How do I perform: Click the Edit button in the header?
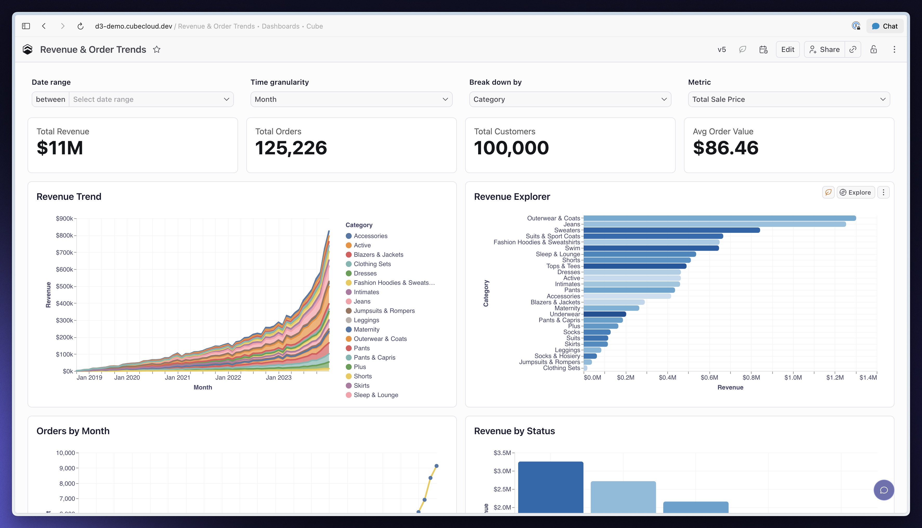(787, 49)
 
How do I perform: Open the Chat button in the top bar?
(885, 26)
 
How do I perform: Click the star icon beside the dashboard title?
(157, 49)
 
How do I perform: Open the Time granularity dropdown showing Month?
(351, 99)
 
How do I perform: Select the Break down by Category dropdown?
(570, 99)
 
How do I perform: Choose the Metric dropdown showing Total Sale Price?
(789, 99)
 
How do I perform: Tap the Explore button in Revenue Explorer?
(856, 193)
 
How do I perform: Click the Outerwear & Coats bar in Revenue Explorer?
(720, 218)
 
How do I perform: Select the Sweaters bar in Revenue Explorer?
(672, 230)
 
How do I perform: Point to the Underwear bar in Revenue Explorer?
(605, 314)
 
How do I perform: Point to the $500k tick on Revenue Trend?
(64, 287)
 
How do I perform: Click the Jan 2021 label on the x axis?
(177, 378)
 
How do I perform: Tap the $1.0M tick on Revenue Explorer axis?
(793, 378)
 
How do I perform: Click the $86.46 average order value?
(726, 148)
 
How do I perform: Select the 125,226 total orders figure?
(291, 148)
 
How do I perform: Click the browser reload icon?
(81, 26)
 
